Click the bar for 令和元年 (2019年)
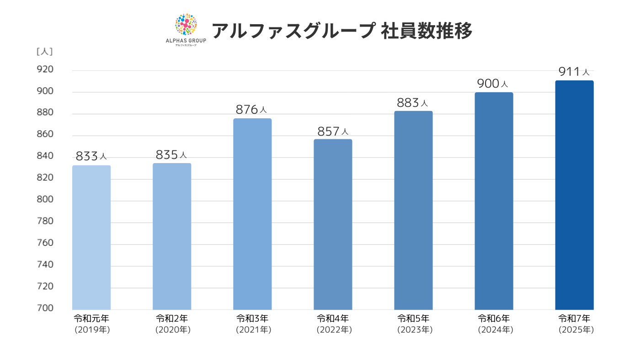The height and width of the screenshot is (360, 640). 91,238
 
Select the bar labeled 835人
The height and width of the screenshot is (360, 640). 172,236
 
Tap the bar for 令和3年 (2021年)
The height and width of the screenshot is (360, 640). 252,214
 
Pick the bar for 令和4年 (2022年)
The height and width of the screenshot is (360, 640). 333,224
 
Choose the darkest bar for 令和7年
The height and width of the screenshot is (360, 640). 574,195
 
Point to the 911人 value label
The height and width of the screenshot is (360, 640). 574,72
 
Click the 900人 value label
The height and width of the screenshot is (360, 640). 492,84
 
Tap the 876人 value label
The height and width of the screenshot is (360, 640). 251,110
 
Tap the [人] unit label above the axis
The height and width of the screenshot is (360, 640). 45,51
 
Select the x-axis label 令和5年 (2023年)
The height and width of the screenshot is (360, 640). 414,323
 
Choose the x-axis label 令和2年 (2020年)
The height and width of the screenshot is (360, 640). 172,323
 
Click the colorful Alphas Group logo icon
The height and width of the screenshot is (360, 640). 186,25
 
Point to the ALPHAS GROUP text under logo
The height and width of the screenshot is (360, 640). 186,41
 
